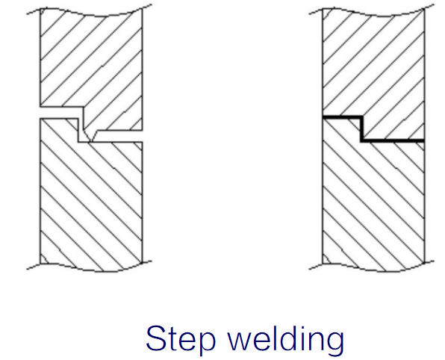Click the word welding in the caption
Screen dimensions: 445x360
(x=286, y=339)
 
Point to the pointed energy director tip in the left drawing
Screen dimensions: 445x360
(x=91, y=141)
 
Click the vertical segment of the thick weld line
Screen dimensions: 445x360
(x=362, y=128)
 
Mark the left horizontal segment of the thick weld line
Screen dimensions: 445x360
(x=343, y=117)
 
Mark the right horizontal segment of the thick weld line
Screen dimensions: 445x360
(x=393, y=140)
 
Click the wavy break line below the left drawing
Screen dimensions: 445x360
(x=90, y=267)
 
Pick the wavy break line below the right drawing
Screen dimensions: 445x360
(x=372, y=267)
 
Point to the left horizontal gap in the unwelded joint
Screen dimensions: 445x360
(x=59, y=113)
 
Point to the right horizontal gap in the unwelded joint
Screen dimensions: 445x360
(x=119, y=136)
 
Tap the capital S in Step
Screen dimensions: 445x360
(x=156, y=338)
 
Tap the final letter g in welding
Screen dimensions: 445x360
(x=334, y=343)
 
